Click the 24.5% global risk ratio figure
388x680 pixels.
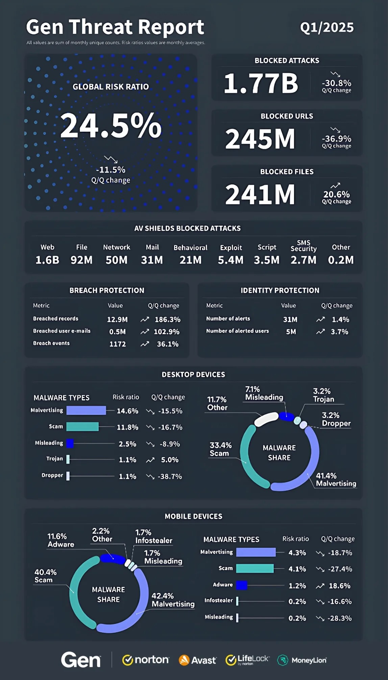click(x=111, y=126)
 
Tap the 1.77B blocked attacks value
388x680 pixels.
click(x=261, y=83)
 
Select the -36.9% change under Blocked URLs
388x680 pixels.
click(x=336, y=139)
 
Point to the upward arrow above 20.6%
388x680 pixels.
click(x=335, y=185)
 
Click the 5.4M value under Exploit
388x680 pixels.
click(x=231, y=260)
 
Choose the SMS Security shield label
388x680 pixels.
click(x=304, y=246)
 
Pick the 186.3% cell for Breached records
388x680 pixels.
click(x=167, y=320)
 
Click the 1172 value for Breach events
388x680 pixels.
click(x=118, y=344)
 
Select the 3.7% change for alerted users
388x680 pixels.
click(x=339, y=332)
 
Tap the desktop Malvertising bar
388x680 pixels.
click(x=86, y=411)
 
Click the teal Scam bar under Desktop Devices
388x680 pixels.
click(x=82, y=427)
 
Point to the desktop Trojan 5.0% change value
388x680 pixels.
click(x=170, y=460)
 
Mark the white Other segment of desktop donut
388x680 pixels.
click(x=266, y=419)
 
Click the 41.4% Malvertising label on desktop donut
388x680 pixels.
click(x=336, y=480)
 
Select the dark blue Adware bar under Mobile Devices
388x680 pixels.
click(x=242, y=585)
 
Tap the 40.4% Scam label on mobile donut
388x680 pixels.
click(x=45, y=576)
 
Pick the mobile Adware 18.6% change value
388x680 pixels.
click(x=339, y=586)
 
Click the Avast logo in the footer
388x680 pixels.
click(x=198, y=660)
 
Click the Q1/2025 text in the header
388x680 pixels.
click(x=327, y=27)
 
